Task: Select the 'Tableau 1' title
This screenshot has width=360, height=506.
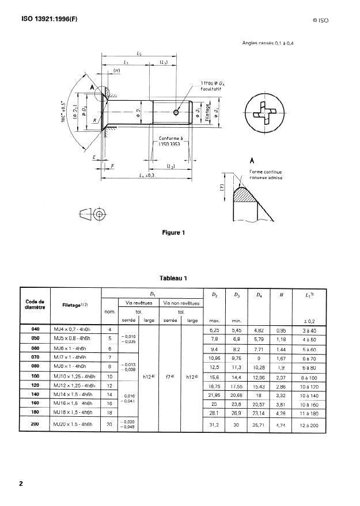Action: click(x=177, y=278)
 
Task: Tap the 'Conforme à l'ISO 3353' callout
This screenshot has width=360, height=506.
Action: click(x=170, y=141)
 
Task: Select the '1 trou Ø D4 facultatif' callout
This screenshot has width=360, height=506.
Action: click(x=215, y=87)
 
